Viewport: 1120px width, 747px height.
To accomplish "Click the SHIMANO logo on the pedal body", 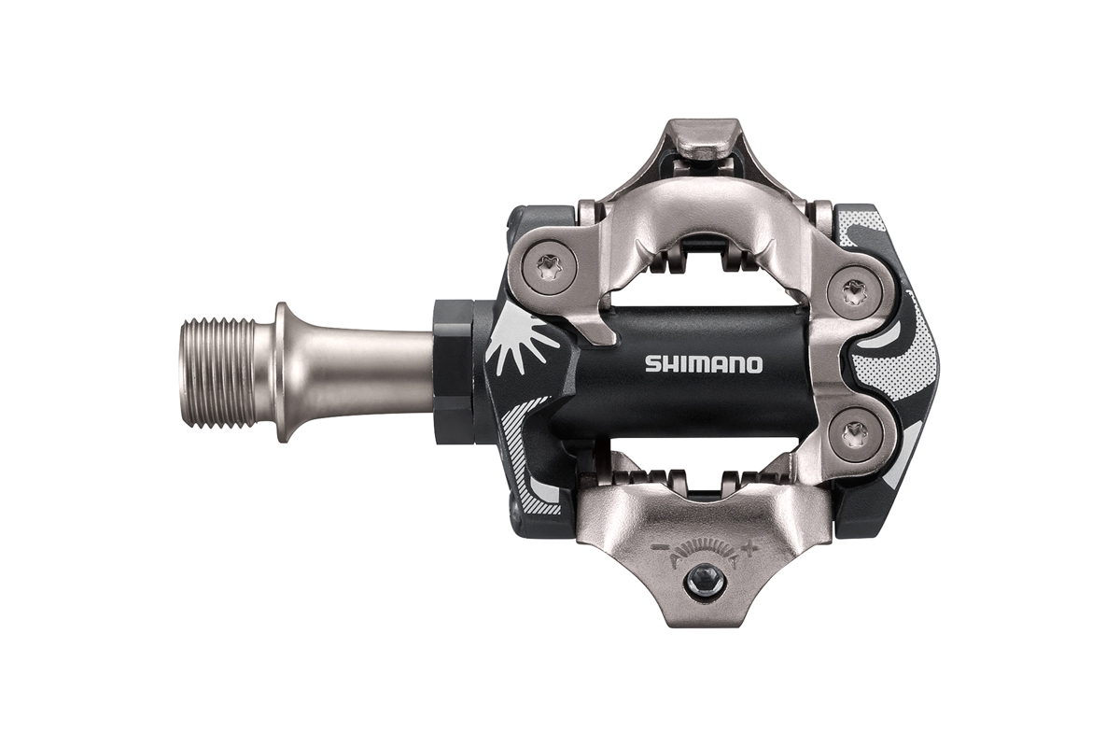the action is click(704, 364).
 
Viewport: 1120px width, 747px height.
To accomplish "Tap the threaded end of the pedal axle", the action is click(218, 373).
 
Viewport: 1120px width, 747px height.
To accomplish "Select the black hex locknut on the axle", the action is click(454, 372).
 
